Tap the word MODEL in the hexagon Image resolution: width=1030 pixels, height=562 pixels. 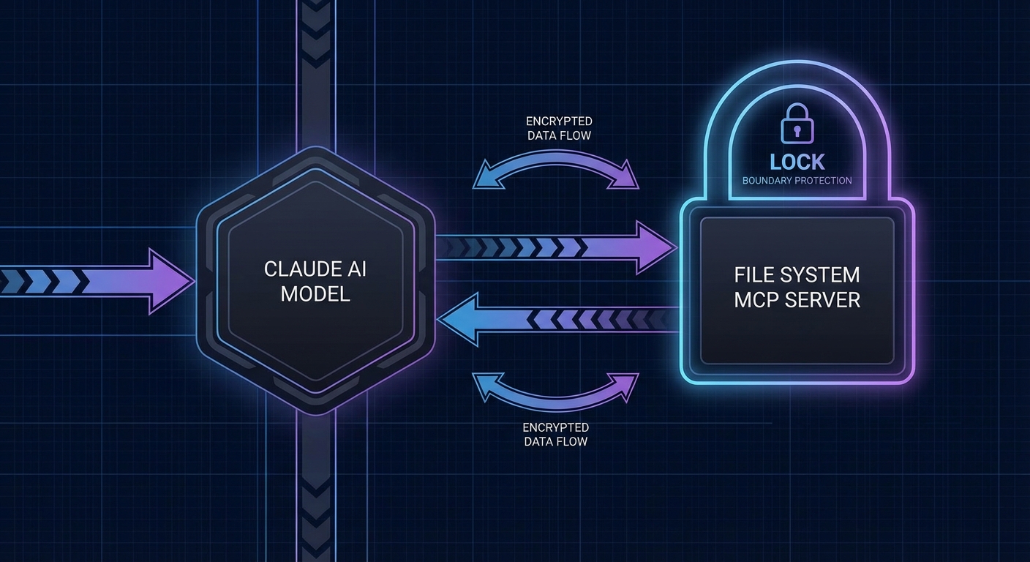315,294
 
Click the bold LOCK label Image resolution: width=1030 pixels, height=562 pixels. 797,162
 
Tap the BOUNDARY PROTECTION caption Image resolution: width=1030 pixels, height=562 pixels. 797,180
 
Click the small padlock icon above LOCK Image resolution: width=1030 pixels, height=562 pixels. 797,123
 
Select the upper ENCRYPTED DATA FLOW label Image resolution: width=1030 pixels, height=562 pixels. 559,128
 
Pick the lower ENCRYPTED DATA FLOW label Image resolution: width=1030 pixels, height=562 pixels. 556,434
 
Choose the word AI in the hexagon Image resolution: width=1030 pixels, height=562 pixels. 358,269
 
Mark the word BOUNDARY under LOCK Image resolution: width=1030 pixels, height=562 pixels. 767,180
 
